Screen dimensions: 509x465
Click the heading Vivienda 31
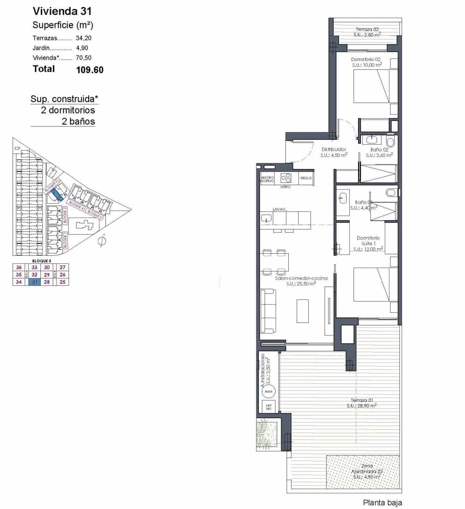pyautogui.click(x=62, y=11)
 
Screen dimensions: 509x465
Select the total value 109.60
pyautogui.click(x=90, y=70)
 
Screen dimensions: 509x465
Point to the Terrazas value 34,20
pyautogui.click(x=84, y=38)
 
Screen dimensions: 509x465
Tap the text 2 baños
pyautogui.click(x=78, y=121)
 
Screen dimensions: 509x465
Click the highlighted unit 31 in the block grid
pyautogui.click(x=34, y=282)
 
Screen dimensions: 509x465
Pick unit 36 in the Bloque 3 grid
pyautogui.click(x=19, y=267)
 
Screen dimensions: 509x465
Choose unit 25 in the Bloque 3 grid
pyautogui.click(x=63, y=282)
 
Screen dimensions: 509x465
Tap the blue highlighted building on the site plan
pyautogui.click(x=56, y=195)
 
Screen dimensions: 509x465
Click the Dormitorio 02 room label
pyautogui.click(x=366, y=59)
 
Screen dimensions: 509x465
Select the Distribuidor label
pyautogui.click(x=334, y=149)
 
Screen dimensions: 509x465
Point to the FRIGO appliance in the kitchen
pyautogui.click(x=306, y=178)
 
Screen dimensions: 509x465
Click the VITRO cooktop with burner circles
pyautogui.click(x=286, y=178)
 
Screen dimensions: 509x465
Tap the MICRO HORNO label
pyautogui.click(x=267, y=179)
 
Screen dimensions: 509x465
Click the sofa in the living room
pyautogui.click(x=268, y=311)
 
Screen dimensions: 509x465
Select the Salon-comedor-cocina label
pyautogui.click(x=301, y=278)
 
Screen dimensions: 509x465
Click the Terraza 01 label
pyautogui.click(x=362, y=400)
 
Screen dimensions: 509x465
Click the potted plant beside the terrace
pyautogui.click(x=267, y=433)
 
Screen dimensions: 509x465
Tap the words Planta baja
pyautogui.click(x=382, y=503)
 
